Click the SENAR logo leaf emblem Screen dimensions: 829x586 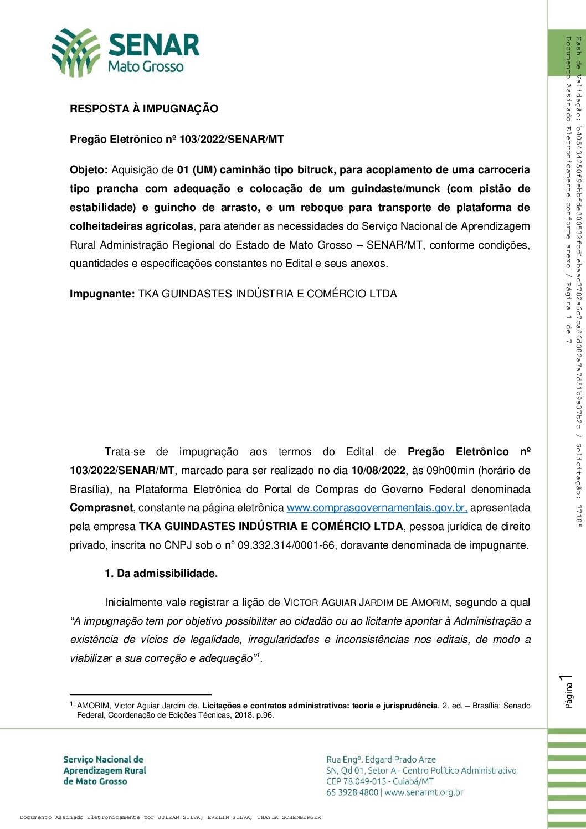coord(75,53)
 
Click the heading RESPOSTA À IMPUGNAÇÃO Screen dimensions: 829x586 coord(144,109)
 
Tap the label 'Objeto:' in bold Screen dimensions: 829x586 coord(89,170)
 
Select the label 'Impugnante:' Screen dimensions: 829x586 coord(102,294)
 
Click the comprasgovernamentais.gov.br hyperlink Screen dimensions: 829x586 coord(377,508)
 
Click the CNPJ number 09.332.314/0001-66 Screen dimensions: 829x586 coord(286,545)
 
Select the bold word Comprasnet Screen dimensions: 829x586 coord(101,508)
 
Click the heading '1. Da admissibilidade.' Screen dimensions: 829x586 coord(161,574)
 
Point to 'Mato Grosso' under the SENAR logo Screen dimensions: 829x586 coord(146,67)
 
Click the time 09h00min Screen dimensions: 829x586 coord(450,471)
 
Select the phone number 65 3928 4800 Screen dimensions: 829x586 coord(352,792)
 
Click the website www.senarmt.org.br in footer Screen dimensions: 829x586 coord(424,792)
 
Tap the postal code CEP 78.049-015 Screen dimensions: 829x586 coord(356,781)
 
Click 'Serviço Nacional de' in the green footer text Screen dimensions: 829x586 coord(104,760)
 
